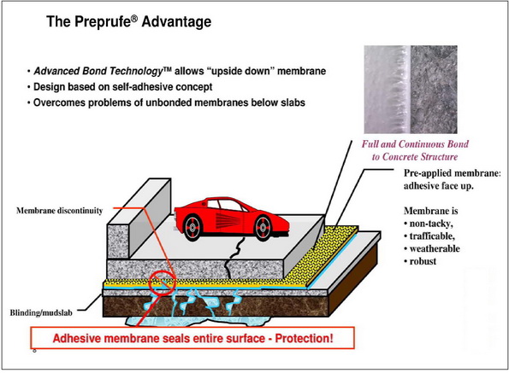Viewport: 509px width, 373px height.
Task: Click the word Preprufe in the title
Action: (x=103, y=21)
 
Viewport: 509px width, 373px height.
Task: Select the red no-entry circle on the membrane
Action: (x=163, y=283)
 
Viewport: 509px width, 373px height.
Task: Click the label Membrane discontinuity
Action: (x=59, y=211)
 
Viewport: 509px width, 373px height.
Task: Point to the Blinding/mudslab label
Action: (x=41, y=312)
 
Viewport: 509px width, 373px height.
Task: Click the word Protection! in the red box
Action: (x=305, y=338)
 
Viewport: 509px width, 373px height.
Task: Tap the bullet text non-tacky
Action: (x=431, y=224)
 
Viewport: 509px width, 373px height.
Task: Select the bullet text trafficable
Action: (x=432, y=236)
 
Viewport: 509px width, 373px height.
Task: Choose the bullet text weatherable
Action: (x=435, y=248)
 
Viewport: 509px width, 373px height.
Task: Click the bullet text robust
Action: (x=423, y=261)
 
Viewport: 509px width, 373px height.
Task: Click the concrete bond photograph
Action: (x=411, y=90)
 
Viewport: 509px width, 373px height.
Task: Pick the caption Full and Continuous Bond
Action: (x=415, y=143)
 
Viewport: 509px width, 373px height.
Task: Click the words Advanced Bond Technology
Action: (x=98, y=71)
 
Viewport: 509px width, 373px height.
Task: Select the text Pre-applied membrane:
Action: (x=453, y=173)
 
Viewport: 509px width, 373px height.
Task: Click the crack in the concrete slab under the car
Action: (x=235, y=258)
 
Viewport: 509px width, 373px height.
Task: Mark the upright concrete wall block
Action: (x=139, y=219)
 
